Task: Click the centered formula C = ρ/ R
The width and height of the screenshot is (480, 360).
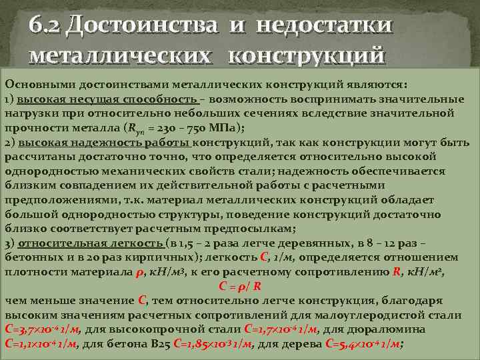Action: [x=240, y=287]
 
